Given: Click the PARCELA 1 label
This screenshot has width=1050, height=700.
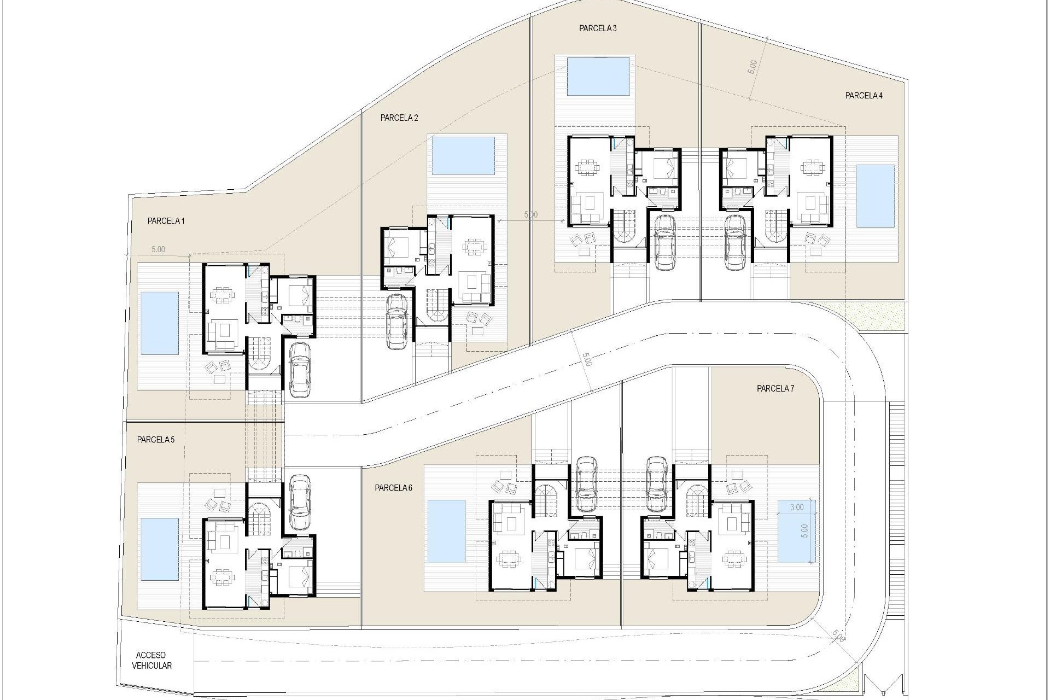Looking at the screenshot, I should [166, 221].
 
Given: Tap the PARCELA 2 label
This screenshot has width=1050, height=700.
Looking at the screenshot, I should [399, 118].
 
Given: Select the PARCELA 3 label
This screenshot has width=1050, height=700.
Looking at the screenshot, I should [598, 28].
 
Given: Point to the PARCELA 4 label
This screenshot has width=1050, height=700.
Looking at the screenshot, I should [864, 96].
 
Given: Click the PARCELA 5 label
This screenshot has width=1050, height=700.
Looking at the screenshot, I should [156, 440].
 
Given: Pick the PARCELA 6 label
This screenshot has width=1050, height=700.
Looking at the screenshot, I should [393, 488].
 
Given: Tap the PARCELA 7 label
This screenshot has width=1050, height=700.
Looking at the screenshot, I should [775, 389].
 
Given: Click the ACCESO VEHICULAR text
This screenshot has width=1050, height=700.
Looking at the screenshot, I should [151, 660].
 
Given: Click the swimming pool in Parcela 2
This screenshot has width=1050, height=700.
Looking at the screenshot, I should [463, 155].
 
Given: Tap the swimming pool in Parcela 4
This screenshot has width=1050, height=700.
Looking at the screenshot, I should [875, 195].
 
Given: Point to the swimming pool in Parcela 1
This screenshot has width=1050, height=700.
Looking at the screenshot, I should [159, 323].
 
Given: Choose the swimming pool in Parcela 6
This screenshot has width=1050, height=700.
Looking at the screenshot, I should [446, 531].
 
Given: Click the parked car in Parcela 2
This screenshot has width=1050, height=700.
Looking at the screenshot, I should [396, 321].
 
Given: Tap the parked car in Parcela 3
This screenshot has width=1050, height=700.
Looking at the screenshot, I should [664, 242].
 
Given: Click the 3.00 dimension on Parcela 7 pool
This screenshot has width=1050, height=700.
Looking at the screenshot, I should [797, 507].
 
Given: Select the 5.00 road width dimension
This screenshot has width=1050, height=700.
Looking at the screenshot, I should [586, 360].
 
